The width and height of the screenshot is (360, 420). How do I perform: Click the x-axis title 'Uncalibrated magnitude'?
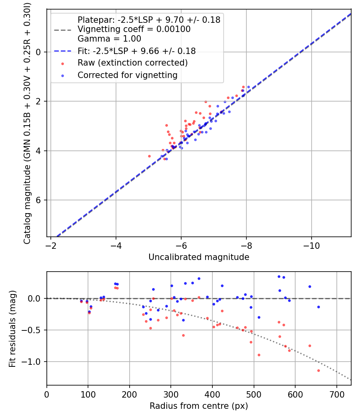(x=199, y=257)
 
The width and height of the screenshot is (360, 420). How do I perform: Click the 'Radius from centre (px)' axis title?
(x=199, y=406)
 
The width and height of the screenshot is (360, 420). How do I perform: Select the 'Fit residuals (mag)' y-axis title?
(x=12, y=328)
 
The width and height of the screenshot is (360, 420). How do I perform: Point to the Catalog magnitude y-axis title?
(x=27, y=122)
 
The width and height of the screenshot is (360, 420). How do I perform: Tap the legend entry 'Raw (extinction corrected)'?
(x=132, y=63)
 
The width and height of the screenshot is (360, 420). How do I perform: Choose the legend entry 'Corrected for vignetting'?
(x=127, y=75)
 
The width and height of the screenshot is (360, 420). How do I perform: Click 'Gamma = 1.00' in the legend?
(x=109, y=39)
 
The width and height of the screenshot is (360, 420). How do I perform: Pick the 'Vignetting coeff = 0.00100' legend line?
(x=134, y=29)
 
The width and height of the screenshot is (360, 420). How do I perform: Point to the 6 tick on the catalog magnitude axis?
(x=39, y=200)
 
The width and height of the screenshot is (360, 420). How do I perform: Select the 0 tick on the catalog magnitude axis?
(x=39, y=52)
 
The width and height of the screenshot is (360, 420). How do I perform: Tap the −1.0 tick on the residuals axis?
(x=34, y=362)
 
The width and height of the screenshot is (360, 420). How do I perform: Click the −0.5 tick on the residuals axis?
(x=34, y=330)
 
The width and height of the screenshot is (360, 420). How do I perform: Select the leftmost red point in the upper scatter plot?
(x=149, y=156)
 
